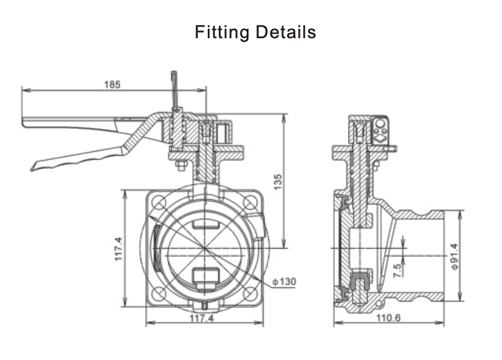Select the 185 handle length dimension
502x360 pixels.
coord(112,85)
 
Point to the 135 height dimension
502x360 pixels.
coord(278,182)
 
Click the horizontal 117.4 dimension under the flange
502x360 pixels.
coord(202,318)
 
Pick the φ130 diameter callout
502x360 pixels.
coord(284,282)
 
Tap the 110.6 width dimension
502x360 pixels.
coord(388,318)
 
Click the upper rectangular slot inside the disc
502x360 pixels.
coord(205,223)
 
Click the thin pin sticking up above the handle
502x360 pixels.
coord(174,89)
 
